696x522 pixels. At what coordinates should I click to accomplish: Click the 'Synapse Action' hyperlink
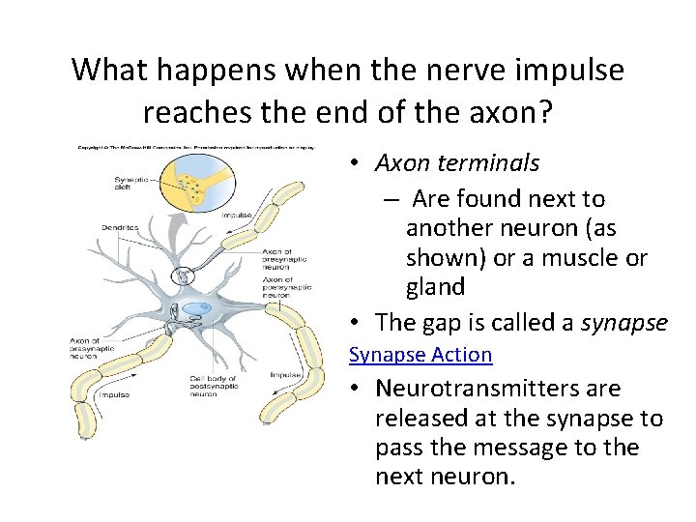point(420,355)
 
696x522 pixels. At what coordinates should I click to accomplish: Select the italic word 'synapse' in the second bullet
point(624,322)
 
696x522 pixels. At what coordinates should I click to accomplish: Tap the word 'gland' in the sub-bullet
point(436,287)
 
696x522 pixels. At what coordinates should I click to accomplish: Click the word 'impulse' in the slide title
point(567,70)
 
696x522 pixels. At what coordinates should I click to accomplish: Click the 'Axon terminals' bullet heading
point(457,163)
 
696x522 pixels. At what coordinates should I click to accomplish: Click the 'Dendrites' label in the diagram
point(120,228)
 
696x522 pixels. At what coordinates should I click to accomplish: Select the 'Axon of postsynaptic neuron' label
point(287,287)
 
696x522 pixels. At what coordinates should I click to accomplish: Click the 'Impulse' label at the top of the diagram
point(236,215)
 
